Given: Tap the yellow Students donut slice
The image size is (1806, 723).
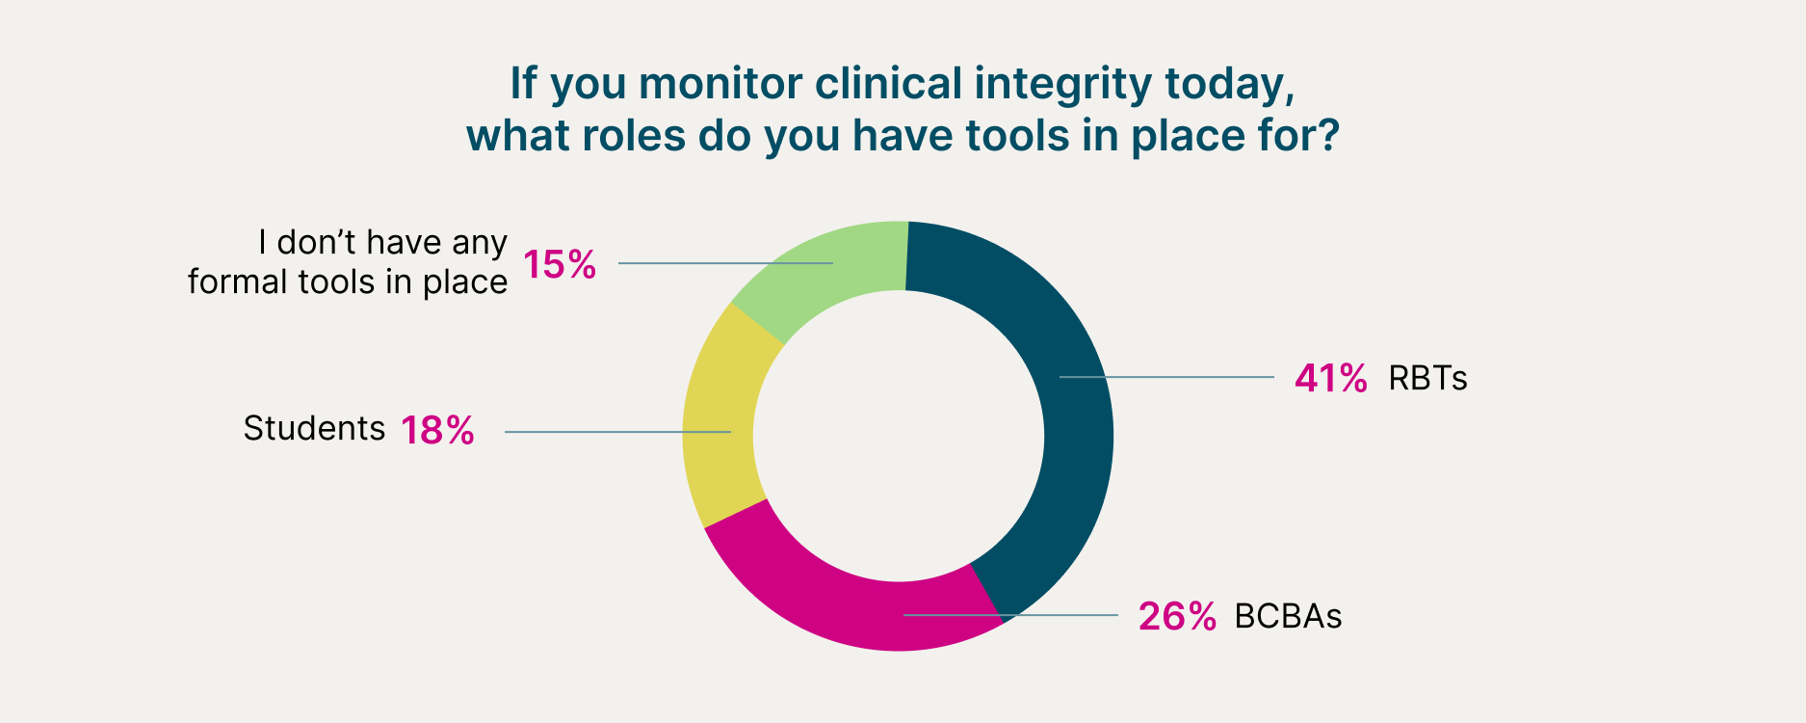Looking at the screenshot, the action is click(718, 424).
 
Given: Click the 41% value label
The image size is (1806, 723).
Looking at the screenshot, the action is click(1330, 379).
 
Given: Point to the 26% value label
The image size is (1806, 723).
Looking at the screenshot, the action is click(1177, 616).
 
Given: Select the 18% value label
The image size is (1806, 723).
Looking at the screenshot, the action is click(437, 430).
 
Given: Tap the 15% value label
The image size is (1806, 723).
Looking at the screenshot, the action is click(560, 264).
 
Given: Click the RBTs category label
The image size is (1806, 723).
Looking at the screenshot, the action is click(1427, 378).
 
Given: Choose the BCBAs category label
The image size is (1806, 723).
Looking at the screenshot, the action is click(1288, 616).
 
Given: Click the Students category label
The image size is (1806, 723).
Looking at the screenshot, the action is click(314, 428).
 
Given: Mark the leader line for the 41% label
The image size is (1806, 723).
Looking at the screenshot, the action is click(1166, 377).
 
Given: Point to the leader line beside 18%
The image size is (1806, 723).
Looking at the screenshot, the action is click(617, 432).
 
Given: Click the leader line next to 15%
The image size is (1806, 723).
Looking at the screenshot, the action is click(725, 263).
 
